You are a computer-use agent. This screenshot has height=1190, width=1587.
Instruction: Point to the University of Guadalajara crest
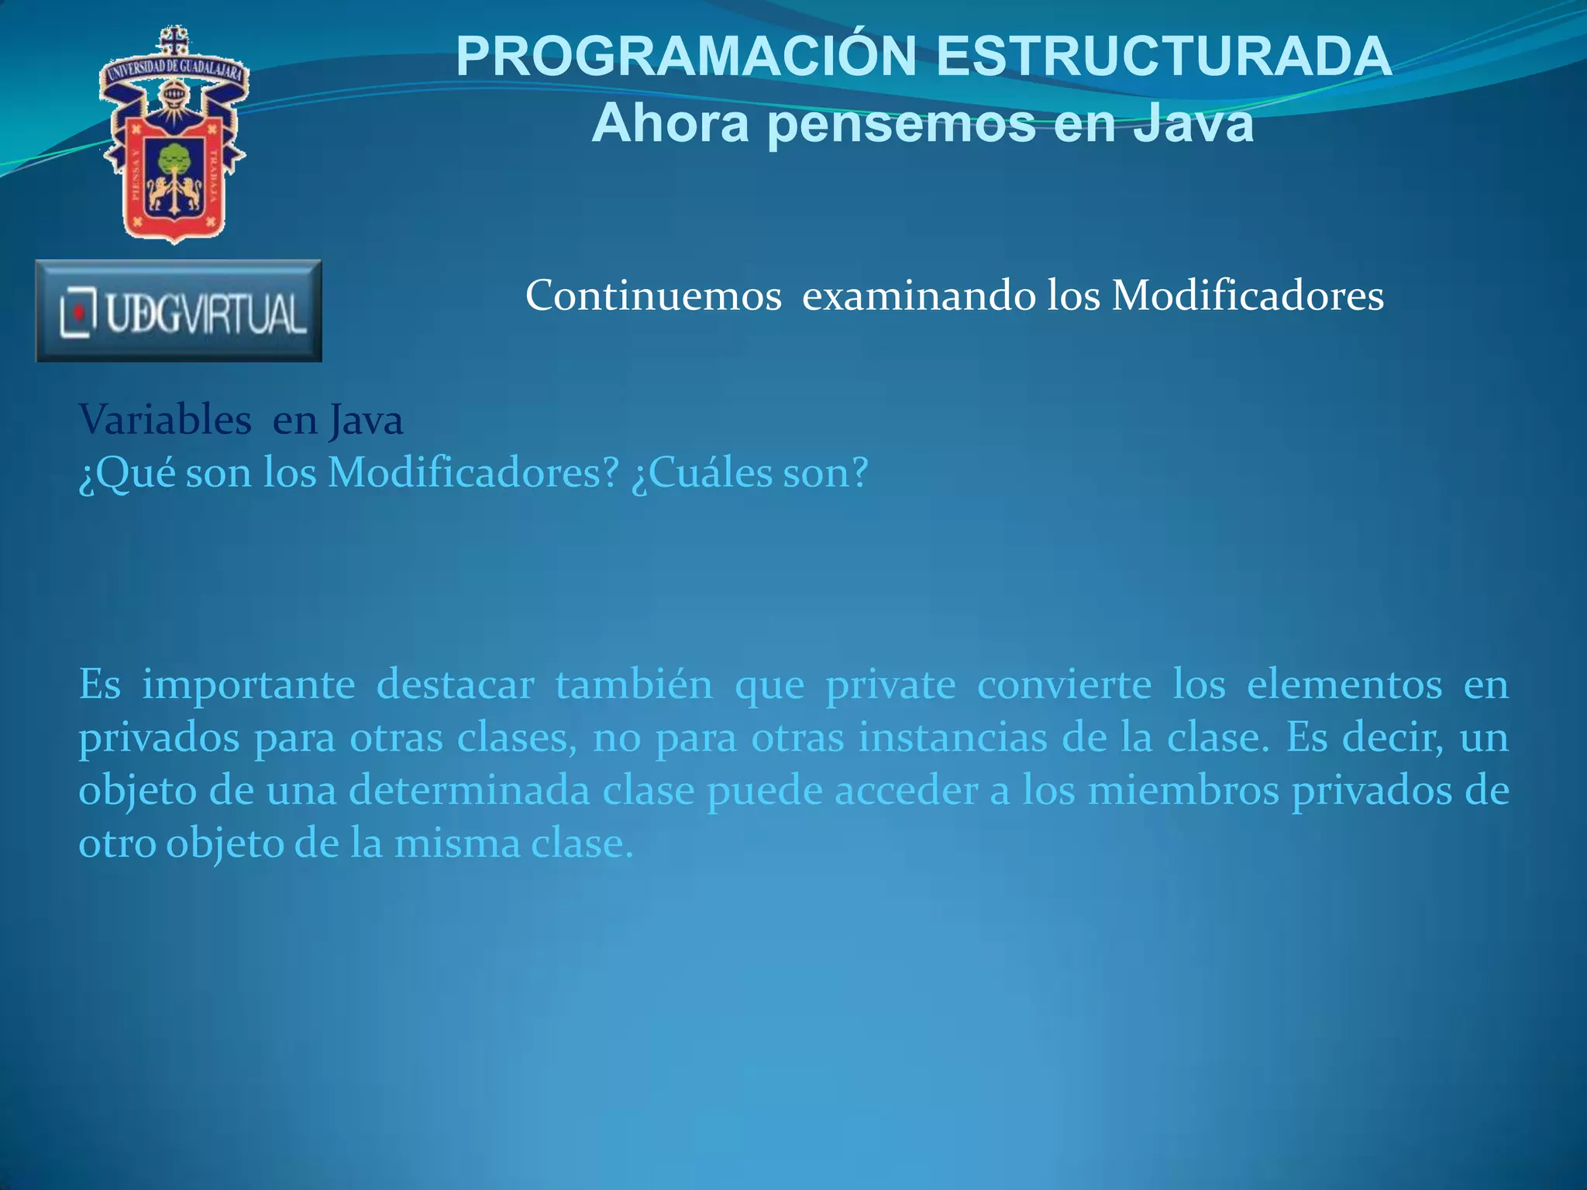[x=174, y=136]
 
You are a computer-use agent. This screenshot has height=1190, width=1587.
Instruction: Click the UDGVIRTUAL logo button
[x=179, y=311]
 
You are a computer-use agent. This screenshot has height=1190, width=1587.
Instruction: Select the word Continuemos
[x=653, y=295]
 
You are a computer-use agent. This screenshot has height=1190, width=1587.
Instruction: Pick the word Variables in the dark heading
[x=165, y=421]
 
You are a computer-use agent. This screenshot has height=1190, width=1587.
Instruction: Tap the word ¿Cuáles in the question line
[x=701, y=473]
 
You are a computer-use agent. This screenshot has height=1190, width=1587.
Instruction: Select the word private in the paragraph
[x=890, y=686]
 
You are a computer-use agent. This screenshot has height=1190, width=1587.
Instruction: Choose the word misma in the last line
[x=456, y=844]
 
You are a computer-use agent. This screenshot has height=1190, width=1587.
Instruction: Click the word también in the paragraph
[x=634, y=685]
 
